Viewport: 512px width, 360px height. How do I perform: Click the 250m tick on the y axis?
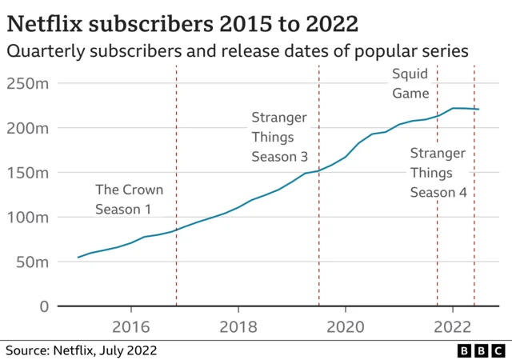[x=27, y=82]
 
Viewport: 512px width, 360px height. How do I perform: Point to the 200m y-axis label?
[x=27, y=127]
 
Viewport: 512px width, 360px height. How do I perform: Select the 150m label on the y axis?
[x=27, y=172]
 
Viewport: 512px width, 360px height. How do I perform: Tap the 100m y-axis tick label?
[x=27, y=217]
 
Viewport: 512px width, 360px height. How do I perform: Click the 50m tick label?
[x=31, y=262]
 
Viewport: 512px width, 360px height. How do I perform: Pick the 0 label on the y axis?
[x=44, y=306]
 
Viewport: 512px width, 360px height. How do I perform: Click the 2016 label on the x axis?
[x=131, y=326]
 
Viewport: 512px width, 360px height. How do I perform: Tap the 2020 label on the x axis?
[x=346, y=326]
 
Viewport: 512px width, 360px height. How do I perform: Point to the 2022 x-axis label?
[x=453, y=326]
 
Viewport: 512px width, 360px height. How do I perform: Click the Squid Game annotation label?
[x=410, y=83]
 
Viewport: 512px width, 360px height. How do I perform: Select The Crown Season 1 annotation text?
[x=129, y=199]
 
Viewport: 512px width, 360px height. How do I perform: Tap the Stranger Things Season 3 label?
[x=279, y=137]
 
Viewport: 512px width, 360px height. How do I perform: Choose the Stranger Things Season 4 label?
[x=438, y=172]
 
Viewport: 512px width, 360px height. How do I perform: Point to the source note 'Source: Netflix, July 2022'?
[x=82, y=350]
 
